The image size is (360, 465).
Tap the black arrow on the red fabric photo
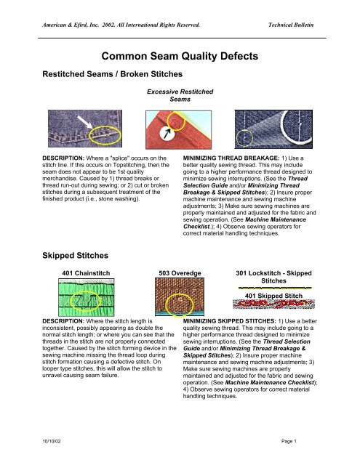tap(169, 132)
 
